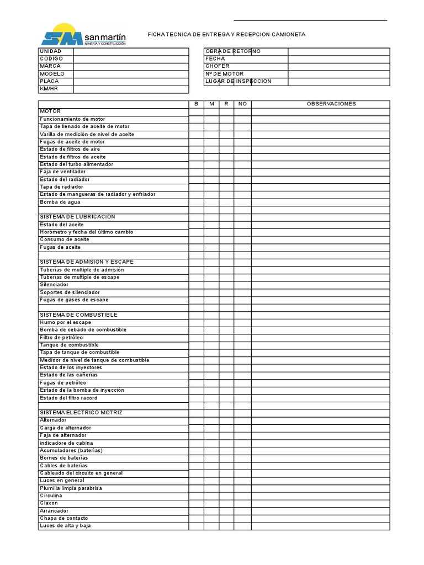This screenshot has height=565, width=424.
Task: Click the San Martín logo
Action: (84, 35)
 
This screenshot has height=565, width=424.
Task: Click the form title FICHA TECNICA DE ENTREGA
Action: (226, 35)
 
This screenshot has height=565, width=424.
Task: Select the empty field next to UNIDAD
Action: (131, 51)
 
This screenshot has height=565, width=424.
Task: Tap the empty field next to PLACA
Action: (131, 81)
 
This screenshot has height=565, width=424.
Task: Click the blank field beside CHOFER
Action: (338, 66)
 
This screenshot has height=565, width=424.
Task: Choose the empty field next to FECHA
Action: (338, 58)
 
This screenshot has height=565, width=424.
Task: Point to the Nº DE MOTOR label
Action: (225, 74)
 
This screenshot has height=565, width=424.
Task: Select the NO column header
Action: (242, 104)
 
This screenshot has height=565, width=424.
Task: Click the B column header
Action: (196, 104)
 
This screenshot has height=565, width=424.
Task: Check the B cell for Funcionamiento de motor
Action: (196, 119)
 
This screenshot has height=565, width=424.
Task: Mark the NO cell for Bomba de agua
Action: (242, 202)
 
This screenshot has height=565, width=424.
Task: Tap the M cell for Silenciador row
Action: (211, 285)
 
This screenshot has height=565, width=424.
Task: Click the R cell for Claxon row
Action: (226, 503)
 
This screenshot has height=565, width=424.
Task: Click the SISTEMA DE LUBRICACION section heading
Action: (77, 217)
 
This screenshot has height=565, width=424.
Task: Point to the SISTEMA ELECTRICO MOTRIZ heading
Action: (81, 413)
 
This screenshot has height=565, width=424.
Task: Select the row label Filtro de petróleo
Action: (61, 337)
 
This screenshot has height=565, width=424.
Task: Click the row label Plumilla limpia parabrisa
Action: (71, 488)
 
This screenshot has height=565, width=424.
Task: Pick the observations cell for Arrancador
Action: (320, 511)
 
